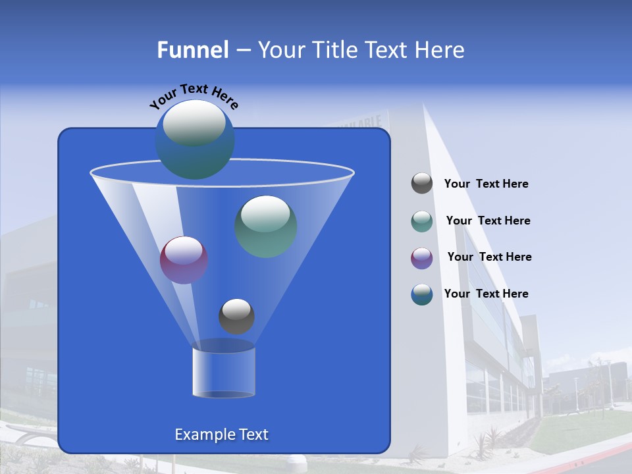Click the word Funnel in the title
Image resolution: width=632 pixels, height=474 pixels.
[x=192, y=50]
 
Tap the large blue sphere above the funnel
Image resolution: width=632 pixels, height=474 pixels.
[x=194, y=139]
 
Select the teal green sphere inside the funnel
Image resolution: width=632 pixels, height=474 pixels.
[x=265, y=226]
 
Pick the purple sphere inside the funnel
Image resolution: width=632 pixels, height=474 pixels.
[x=184, y=259]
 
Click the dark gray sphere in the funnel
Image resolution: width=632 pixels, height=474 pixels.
[x=236, y=316]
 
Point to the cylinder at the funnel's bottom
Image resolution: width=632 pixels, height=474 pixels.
[x=223, y=373]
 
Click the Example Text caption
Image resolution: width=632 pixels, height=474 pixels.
[x=221, y=434]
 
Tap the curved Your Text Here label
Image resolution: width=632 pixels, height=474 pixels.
[x=194, y=95]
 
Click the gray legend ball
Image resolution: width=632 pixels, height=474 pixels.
[x=422, y=183]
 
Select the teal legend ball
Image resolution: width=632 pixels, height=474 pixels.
[x=422, y=221]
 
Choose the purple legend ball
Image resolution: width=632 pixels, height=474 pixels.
[x=422, y=257]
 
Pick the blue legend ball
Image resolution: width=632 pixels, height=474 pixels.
[x=422, y=294]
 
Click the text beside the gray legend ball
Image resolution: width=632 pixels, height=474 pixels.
[x=486, y=184]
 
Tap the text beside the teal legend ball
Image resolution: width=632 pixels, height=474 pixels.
[x=488, y=221]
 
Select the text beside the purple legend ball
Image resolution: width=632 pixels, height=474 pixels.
[x=489, y=257]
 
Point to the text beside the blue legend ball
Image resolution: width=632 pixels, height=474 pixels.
[x=486, y=294]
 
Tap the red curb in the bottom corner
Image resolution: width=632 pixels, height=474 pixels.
[x=606, y=454]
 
